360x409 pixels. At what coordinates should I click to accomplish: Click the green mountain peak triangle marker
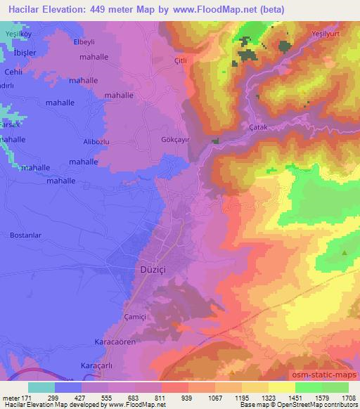[345, 252]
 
